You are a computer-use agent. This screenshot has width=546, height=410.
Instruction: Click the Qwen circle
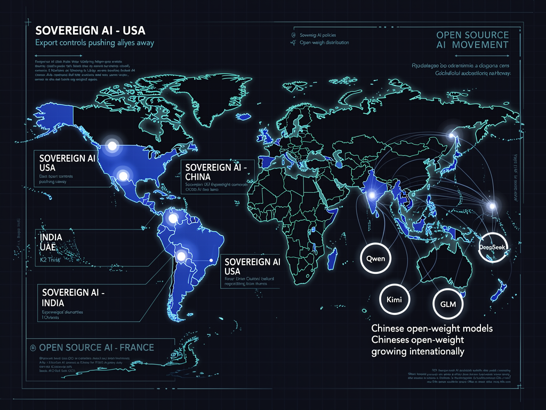[x=376, y=258]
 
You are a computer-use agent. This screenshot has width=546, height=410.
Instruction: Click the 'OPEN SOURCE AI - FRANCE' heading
[x=97, y=348]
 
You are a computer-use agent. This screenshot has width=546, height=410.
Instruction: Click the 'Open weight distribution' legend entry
[x=324, y=42]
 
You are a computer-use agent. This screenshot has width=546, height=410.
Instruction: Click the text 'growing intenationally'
[x=417, y=351]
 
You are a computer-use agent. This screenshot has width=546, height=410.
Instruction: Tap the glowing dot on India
[x=370, y=196]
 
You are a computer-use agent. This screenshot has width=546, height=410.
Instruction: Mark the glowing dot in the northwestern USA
[x=112, y=145]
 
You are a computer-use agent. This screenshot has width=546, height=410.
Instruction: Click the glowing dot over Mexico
[x=124, y=175]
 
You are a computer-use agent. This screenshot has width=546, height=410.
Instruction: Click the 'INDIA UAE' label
[x=48, y=242]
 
